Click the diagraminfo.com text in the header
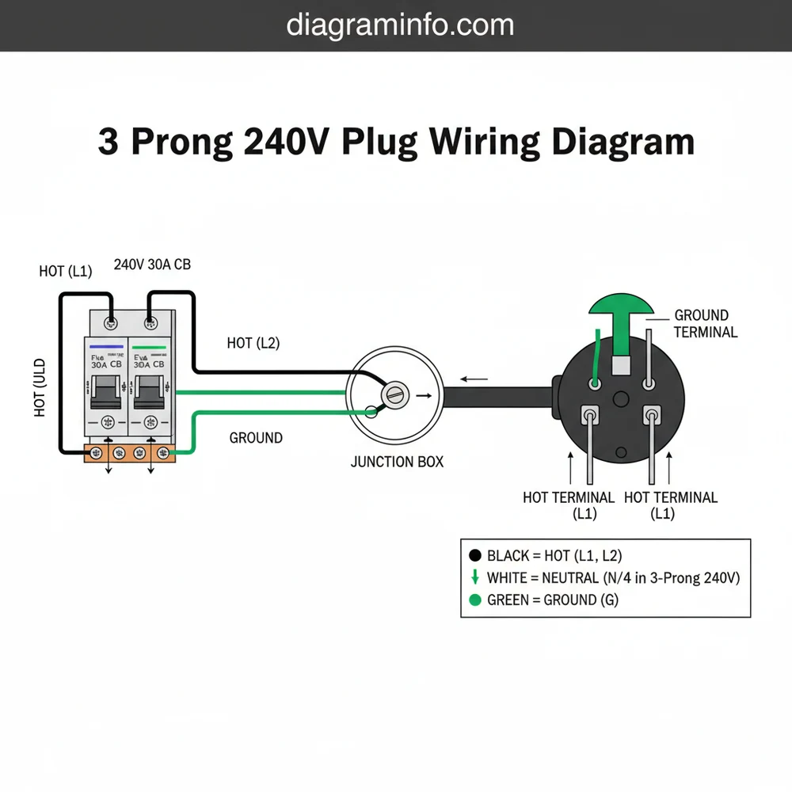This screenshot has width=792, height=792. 400,25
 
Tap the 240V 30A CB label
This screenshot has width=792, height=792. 152,265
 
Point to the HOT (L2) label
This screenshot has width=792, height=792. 253,343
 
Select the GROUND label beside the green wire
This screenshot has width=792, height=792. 256,437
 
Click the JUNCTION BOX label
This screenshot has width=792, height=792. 397,462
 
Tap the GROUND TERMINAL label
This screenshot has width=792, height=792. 705,324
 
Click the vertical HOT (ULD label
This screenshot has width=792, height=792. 40,387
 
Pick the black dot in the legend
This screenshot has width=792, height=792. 475,556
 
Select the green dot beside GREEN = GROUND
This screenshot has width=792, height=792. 475,600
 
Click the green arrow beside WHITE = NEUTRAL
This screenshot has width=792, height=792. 475,577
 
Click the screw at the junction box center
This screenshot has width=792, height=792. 394,394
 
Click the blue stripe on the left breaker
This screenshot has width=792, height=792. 107,347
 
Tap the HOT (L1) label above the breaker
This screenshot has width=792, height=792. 66,272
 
